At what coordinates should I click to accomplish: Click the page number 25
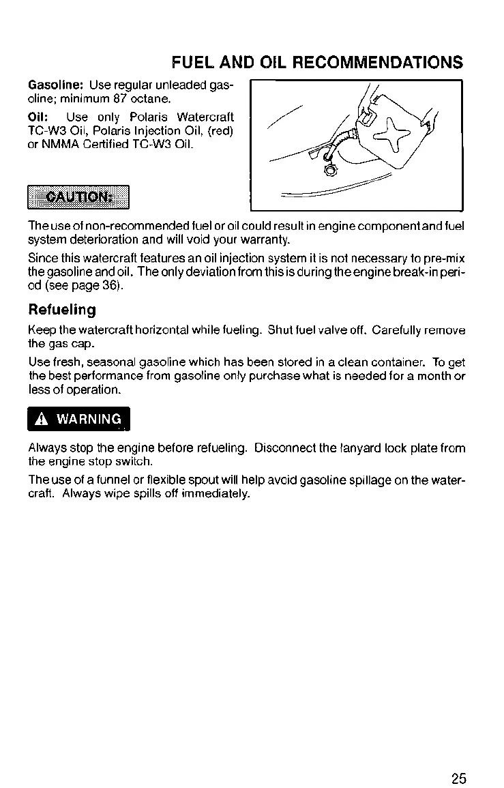[x=458, y=759]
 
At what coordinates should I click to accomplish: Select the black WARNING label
[x=78, y=419]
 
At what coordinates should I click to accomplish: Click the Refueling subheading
[x=62, y=310]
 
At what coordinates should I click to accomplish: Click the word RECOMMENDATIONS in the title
[x=378, y=63]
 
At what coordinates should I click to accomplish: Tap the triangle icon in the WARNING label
[x=45, y=419]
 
